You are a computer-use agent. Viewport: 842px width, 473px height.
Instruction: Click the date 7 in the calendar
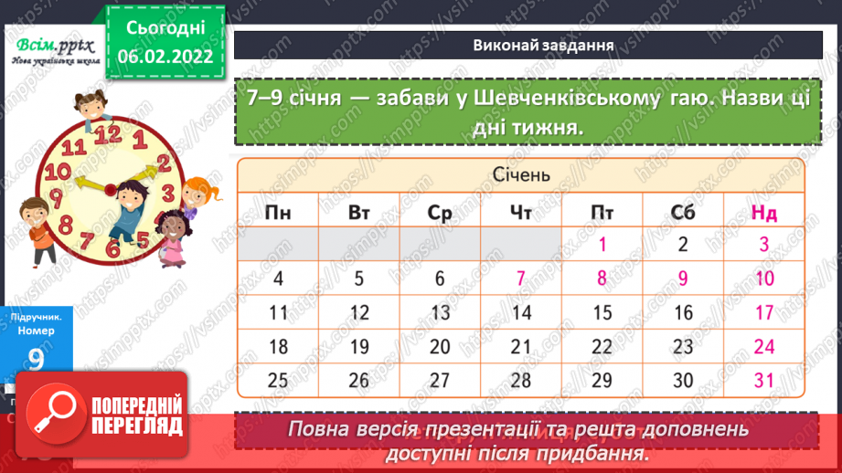click(x=521, y=279)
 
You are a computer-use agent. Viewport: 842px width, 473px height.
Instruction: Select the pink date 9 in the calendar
click(x=683, y=279)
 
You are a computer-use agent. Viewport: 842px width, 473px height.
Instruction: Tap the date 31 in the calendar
click(x=764, y=379)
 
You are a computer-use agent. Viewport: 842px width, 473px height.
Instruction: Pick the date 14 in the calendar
click(x=521, y=312)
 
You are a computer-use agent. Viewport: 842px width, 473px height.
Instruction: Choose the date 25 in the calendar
click(x=278, y=379)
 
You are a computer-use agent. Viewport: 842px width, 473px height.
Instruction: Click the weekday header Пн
click(x=278, y=214)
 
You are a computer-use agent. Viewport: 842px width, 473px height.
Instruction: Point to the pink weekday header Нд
click(x=764, y=214)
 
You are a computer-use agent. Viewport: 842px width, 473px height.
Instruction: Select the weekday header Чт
click(x=521, y=214)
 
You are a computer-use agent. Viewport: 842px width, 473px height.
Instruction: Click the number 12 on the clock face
click(x=109, y=133)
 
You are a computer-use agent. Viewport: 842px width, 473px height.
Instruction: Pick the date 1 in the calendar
click(x=602, y=245)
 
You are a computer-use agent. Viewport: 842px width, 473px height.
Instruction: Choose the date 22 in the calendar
click(x=602, y=346)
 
